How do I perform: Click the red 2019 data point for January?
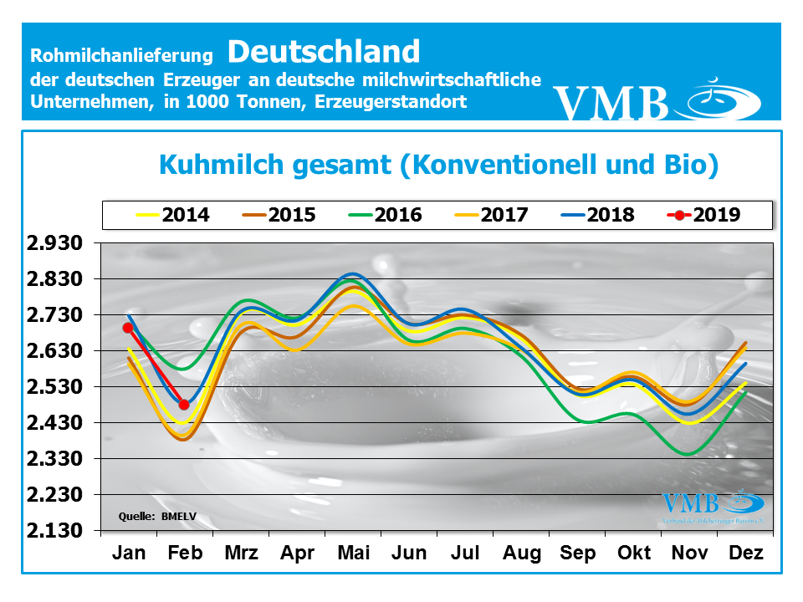[128, 328]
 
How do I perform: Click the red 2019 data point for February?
[184, 405]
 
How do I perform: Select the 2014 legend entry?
[172, 215]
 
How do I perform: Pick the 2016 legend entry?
[386, 215]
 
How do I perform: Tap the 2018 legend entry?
[596, 215]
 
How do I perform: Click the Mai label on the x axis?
[353, 554]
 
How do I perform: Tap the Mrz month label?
[241, 554]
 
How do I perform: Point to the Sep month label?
[577, 554]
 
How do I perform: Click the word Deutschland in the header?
[323, 52]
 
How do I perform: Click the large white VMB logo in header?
[657, 100]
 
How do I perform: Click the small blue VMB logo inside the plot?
[712, 504]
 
